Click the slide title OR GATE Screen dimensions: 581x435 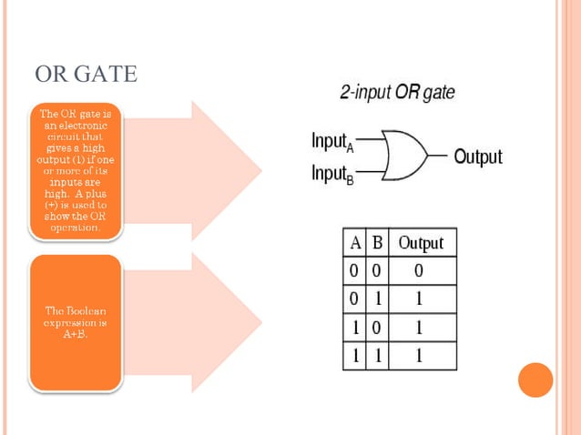[86, 74]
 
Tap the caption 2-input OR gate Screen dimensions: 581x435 [397, 93]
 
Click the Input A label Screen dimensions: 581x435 [331, 141]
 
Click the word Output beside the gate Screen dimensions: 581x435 [477, 157]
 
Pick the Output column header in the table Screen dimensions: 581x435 [421, 243]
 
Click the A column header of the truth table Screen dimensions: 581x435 [355, 243]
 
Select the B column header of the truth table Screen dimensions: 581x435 [376, 243]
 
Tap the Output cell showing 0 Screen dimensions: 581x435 [419, 271]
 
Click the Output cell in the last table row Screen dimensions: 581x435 [419, 356]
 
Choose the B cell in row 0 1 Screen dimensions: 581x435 [376, 299]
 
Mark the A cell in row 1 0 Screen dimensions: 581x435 [355, 328]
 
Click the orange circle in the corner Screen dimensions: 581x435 [535, 379]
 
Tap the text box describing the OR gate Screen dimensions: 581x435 [76, 170]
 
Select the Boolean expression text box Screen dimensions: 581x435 [76, 322]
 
